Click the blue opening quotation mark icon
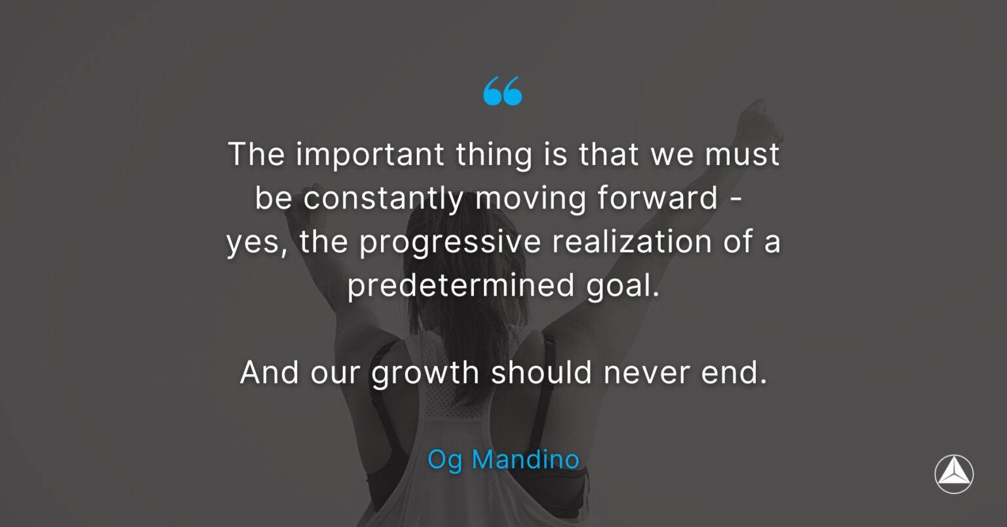[x=503, y=91]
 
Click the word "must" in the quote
[x=741, y=155]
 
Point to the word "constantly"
[x=384, y=199]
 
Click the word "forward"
[x=658, y=198]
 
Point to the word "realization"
[x=632, y=241]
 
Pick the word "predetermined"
[x=461, y=286]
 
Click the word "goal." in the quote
[x=623, y=286]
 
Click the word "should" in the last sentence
[x=542, y=373]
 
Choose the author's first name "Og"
[x=444, y=460]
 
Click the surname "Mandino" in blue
[x=526, y=459]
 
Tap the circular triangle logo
[x=954, y=474]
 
